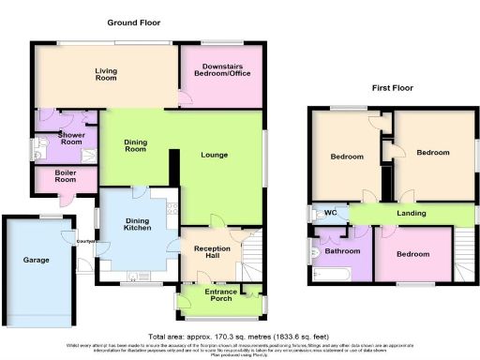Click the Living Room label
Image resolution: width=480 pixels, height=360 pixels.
click(111, 74)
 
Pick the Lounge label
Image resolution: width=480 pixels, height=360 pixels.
click(215, 155)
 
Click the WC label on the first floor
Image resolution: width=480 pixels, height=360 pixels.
click(330, 213)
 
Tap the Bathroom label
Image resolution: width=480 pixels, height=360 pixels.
click(343, 251)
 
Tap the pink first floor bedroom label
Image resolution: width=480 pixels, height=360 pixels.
click(412, 255)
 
